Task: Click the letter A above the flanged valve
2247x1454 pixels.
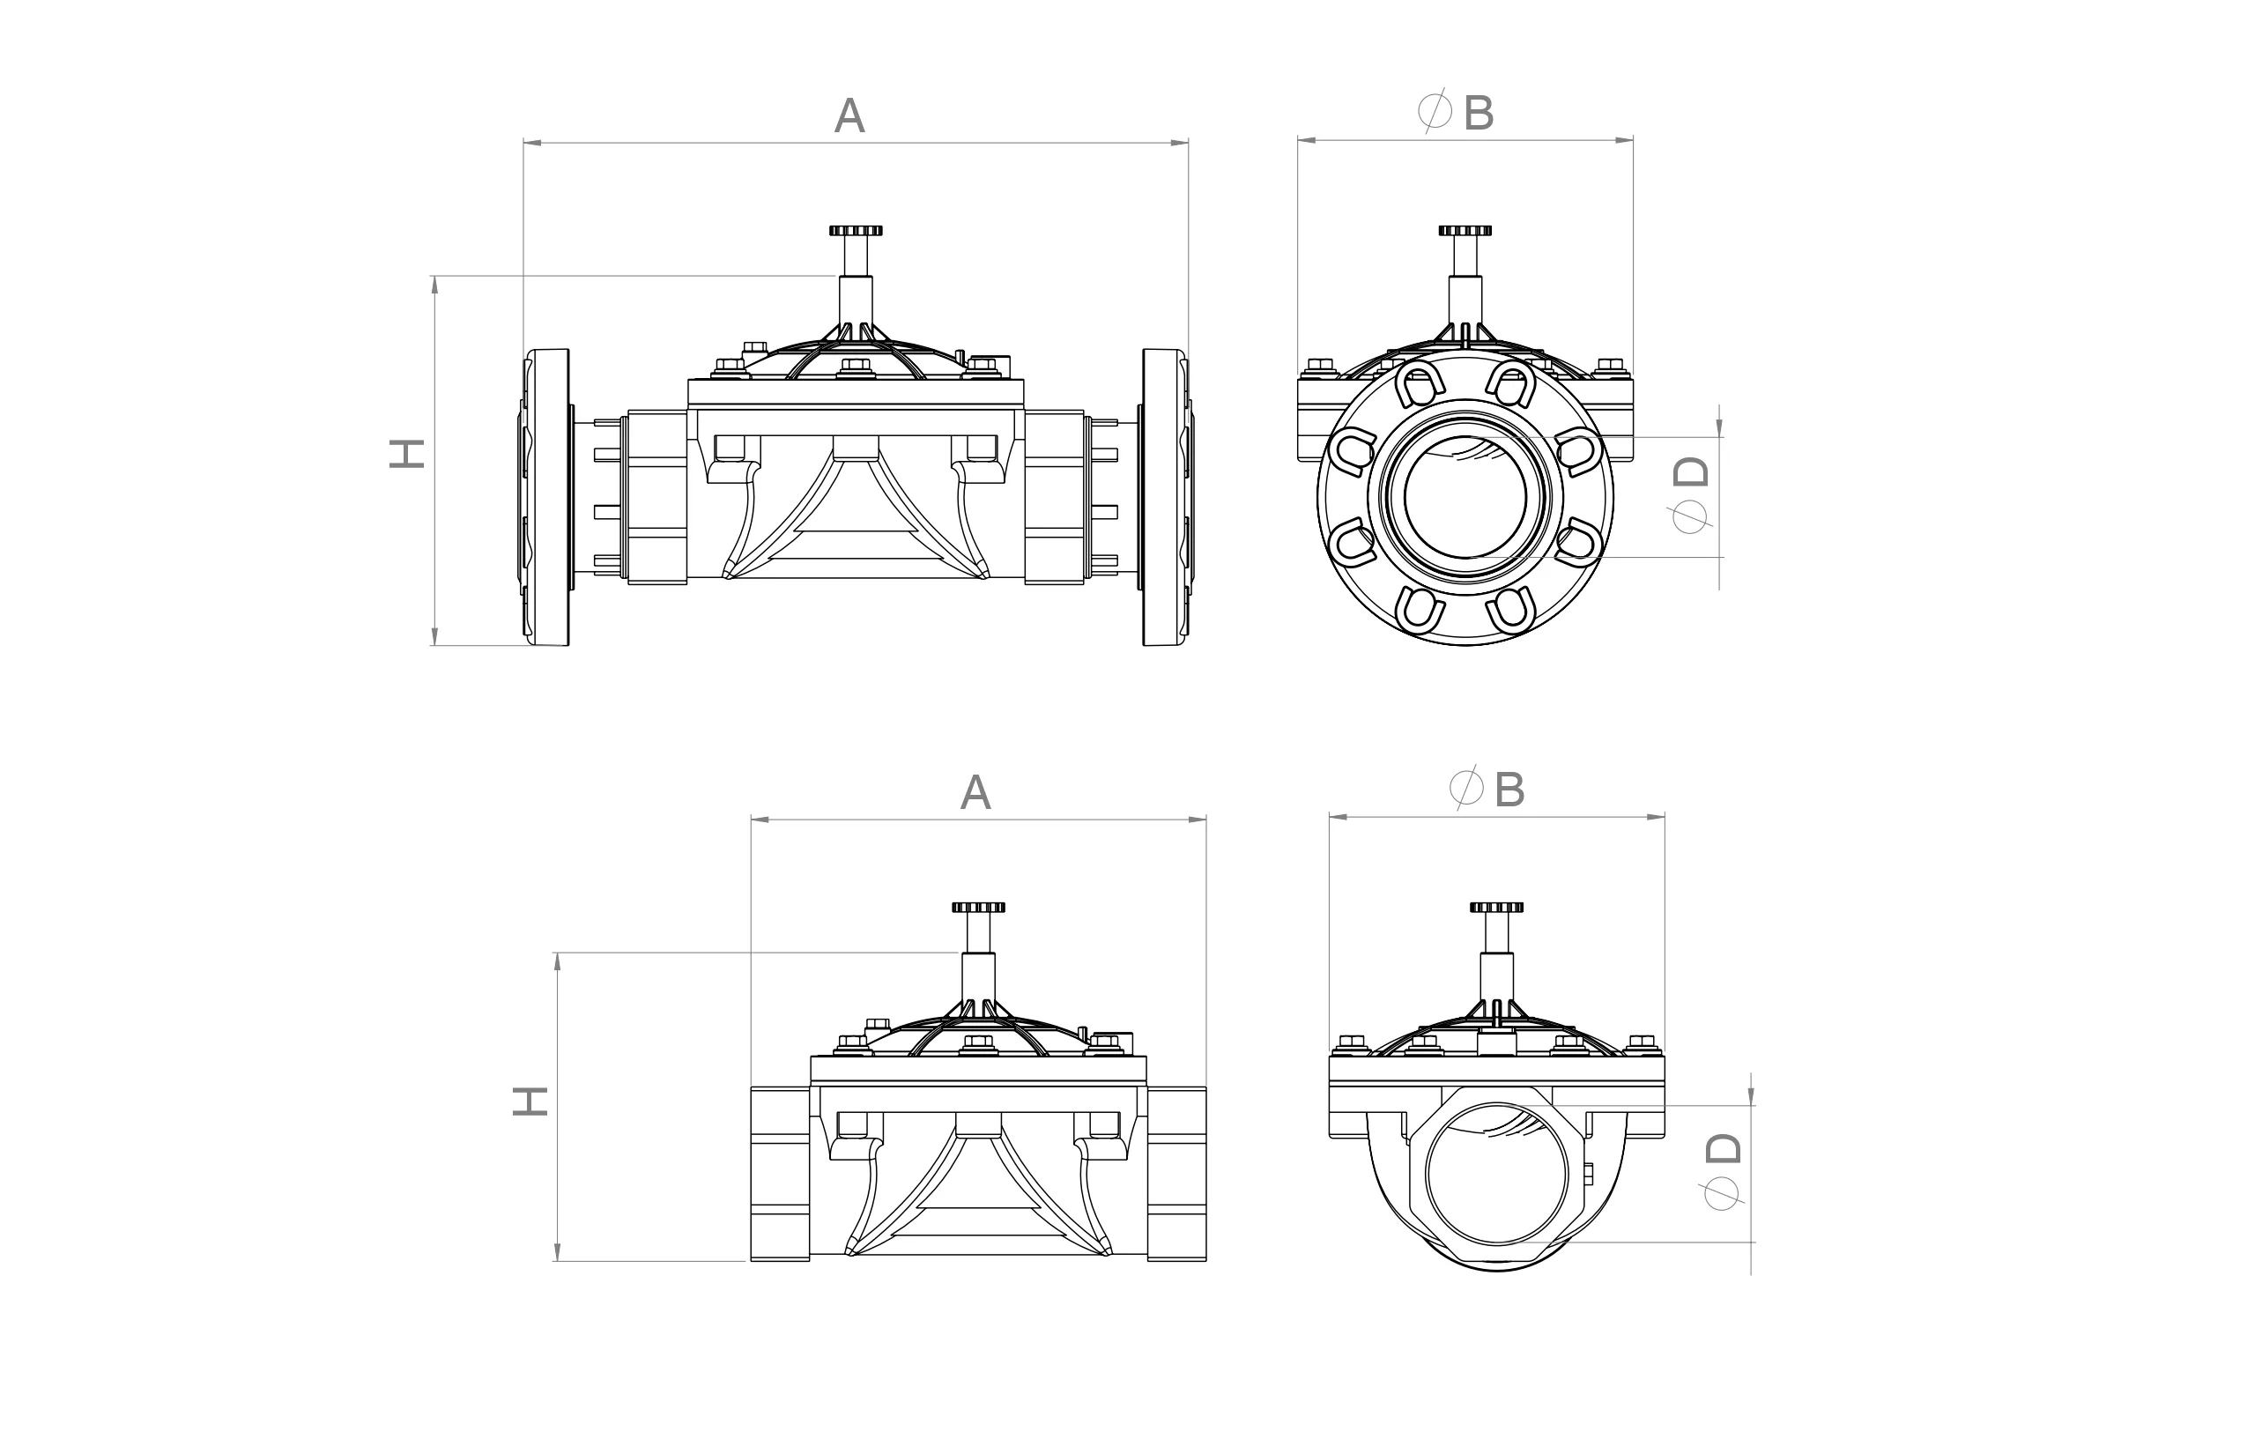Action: click(849, 115)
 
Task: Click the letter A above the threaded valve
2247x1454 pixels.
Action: click(975, 792)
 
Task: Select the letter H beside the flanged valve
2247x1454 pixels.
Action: click(407, 453)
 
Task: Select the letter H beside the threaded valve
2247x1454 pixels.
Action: click(530, 1101)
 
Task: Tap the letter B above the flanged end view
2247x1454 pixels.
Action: click(1479, 114)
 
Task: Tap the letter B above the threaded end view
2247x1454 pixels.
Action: click(1509, 790)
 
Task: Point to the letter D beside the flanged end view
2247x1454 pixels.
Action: click(1691, 471)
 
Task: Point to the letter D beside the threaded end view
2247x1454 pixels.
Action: click(1723, 1148)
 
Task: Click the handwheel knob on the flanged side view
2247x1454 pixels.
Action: click(856, 230)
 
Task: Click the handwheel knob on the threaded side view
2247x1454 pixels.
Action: click(978, 908)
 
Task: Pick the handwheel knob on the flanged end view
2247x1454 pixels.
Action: click(1465, 230)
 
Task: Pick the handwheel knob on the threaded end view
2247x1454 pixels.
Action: click(1496, 908)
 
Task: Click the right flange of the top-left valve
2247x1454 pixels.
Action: click(1165, 498)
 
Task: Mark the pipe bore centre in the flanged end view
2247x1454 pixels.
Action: click(1465, 498)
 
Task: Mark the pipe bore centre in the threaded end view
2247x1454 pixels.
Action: click(1496, 1175)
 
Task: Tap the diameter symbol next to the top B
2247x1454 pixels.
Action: click(1435, 111)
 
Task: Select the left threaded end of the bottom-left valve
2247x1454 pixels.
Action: click(780, 1174)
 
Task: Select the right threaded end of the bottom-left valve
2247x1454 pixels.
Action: click(1177, 1174)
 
